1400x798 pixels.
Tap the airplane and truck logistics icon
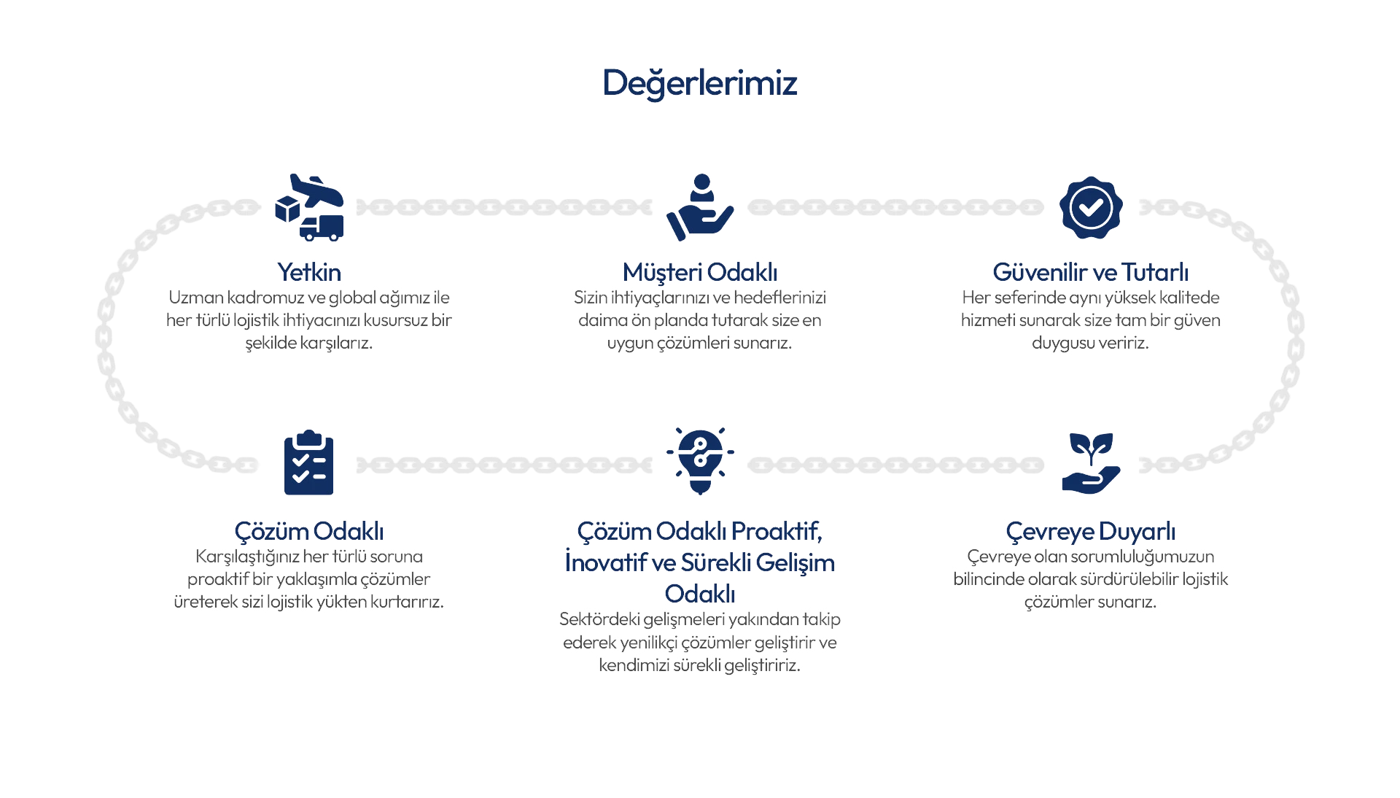tap(309, 207)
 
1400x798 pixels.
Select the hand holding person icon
tap(700, 207)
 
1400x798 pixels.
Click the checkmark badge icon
tap(1091, 207)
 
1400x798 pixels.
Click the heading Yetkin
tap(309, 273)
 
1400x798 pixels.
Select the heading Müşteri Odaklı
tap(700, 273)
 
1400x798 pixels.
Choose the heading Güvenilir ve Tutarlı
tap(1091, 273)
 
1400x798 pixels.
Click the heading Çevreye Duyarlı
tap(1091, 532)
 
